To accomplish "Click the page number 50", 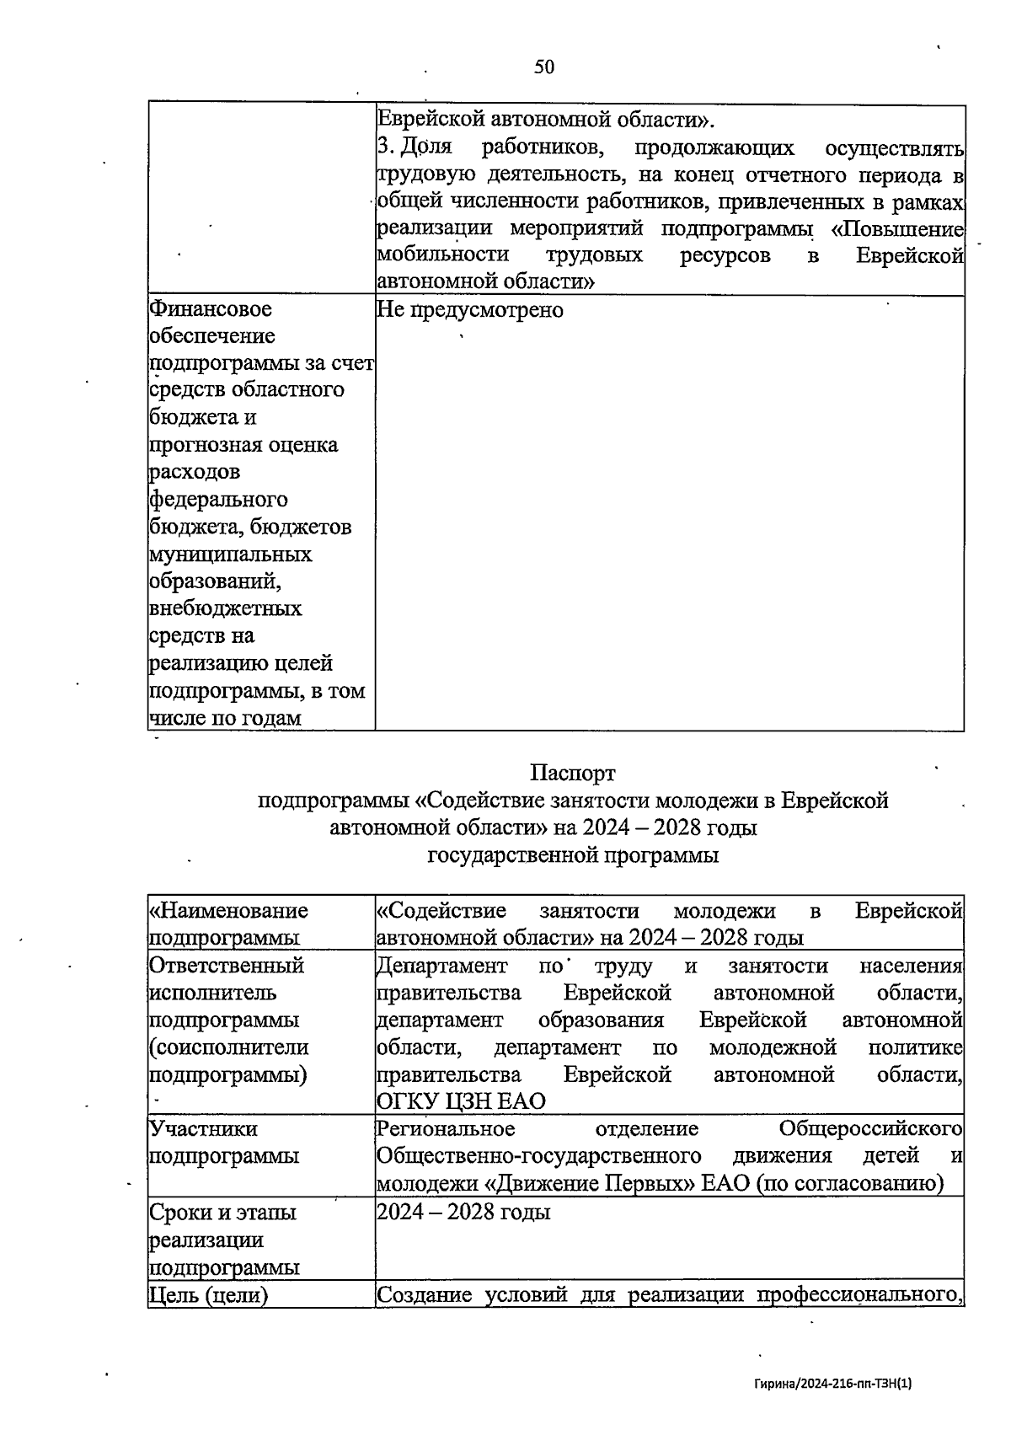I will (544, 67).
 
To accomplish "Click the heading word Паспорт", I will (573, 772).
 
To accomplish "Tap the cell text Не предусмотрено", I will (470, 309).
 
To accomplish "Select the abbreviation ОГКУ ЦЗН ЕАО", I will (461, 1101).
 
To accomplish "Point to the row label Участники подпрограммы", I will (224, 1142).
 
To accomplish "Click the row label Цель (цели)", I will (208, 1294).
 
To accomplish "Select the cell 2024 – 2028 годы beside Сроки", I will (463, 1212).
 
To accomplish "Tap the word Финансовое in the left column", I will (211, 309).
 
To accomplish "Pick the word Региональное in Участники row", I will (446, 1128).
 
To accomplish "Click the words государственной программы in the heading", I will (573, 855).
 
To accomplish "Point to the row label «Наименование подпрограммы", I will (228, 924).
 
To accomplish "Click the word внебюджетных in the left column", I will (226, 608).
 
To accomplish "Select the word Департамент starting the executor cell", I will (441, 966).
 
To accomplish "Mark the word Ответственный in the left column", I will (226, 966).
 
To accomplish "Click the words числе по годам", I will (225, 718).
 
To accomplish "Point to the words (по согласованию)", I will (849, 1183).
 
